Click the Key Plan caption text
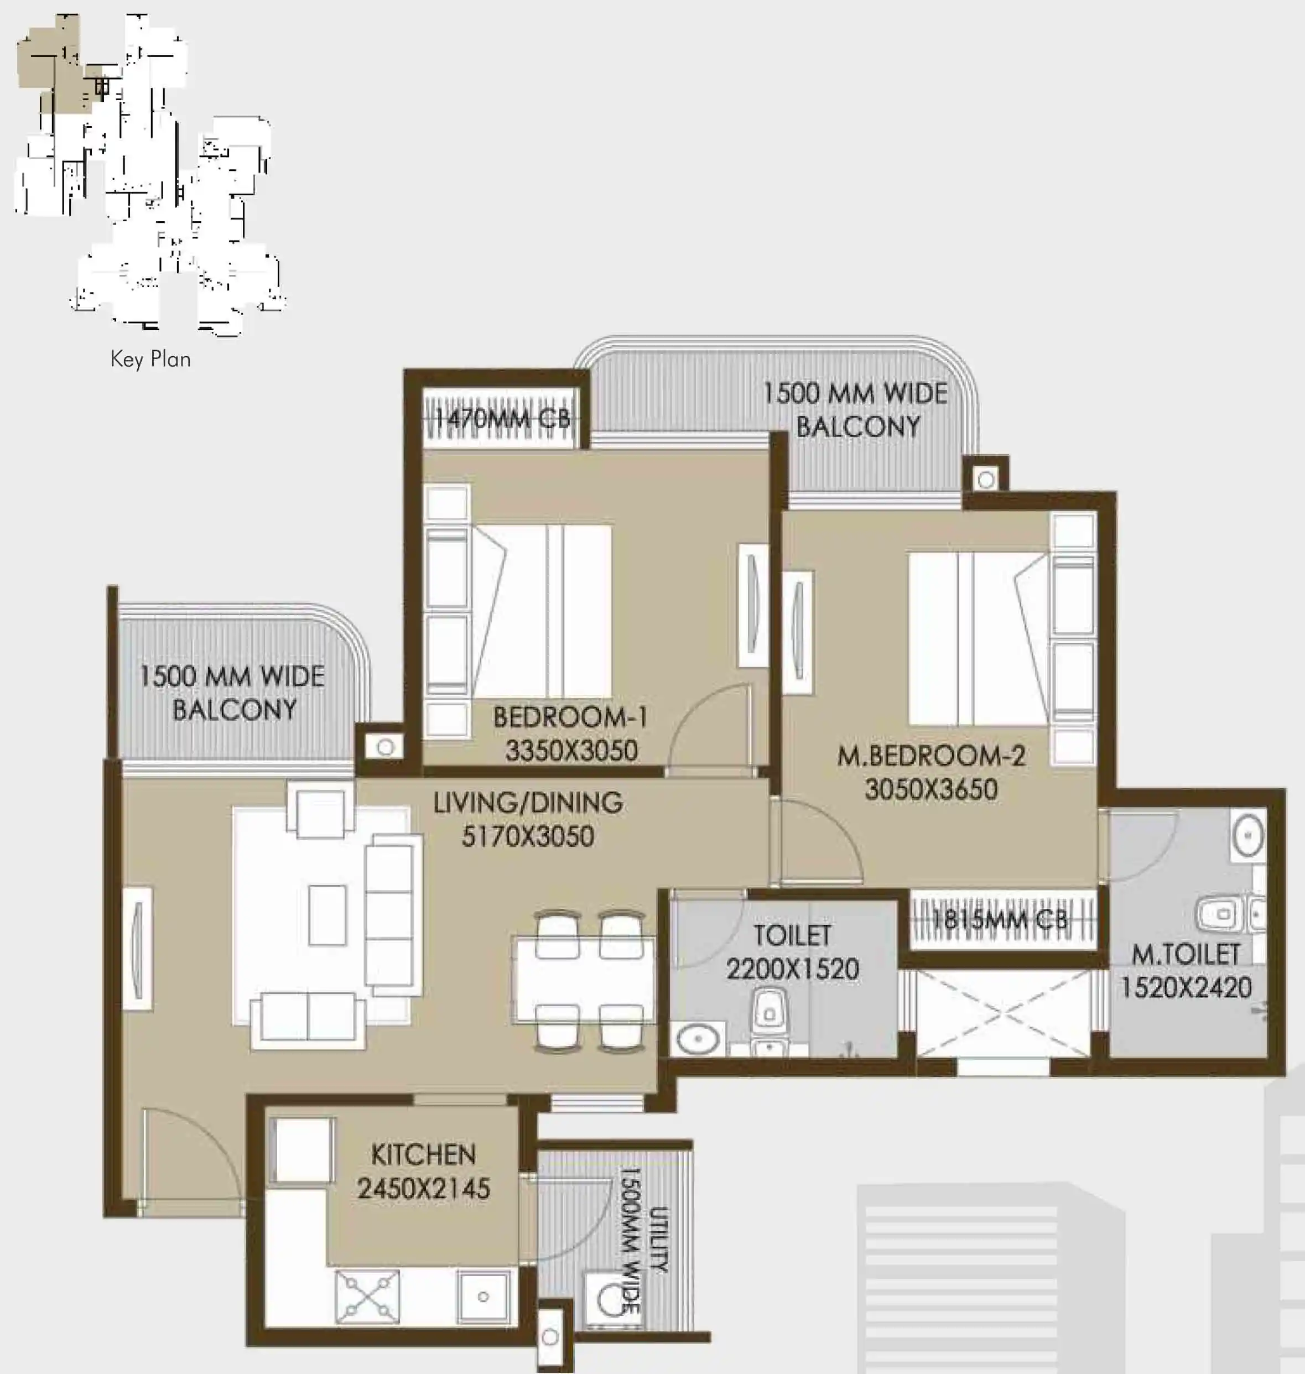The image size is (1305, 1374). [x=150, y=359]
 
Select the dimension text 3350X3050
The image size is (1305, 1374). [x=571, y=751]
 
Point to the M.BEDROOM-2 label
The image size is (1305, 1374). [x=930, y=756]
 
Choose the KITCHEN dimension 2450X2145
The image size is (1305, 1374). [x=423, y=1188]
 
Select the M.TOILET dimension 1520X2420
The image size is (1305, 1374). [x=1186, y=987]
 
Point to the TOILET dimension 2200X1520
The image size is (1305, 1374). [x=792, y=969]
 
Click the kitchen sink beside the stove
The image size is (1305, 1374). [x=483, y=1297]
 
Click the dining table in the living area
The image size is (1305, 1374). [x=583, y=980]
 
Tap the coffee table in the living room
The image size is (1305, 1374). [x=327, y=915]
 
